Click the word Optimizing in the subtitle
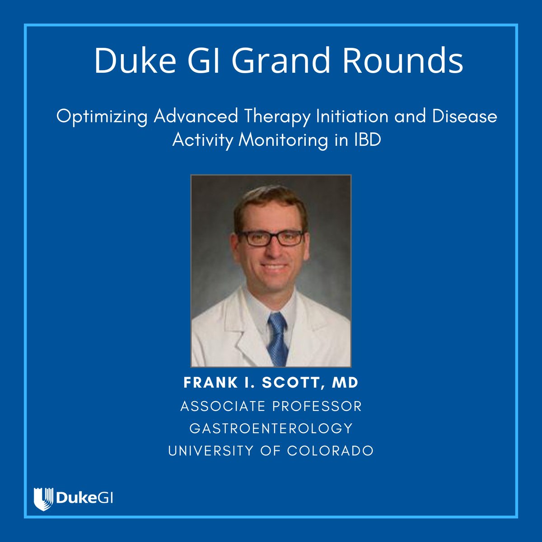[102, 117]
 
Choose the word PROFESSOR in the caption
[317, 406]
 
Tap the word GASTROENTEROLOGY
[271, 428]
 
